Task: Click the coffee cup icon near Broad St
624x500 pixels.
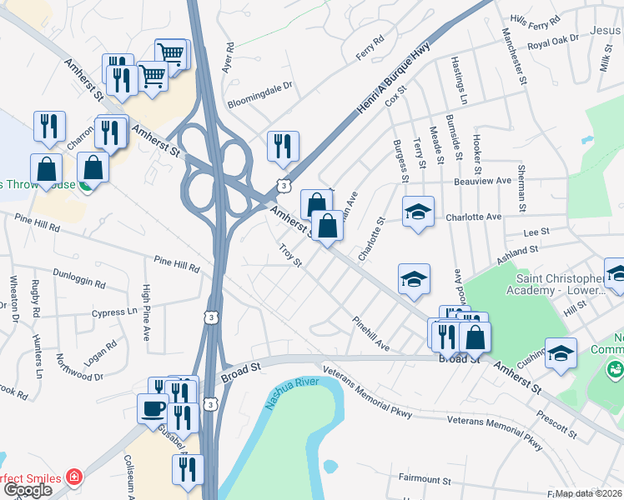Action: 153,408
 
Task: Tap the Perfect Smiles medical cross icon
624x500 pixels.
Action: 74,478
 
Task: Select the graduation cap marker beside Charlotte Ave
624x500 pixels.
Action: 418,212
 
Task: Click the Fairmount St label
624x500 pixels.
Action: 425,480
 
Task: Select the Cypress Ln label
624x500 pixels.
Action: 116,312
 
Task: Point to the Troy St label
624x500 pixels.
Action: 289,251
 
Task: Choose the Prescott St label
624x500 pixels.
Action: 556,424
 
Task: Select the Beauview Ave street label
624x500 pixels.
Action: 482,181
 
